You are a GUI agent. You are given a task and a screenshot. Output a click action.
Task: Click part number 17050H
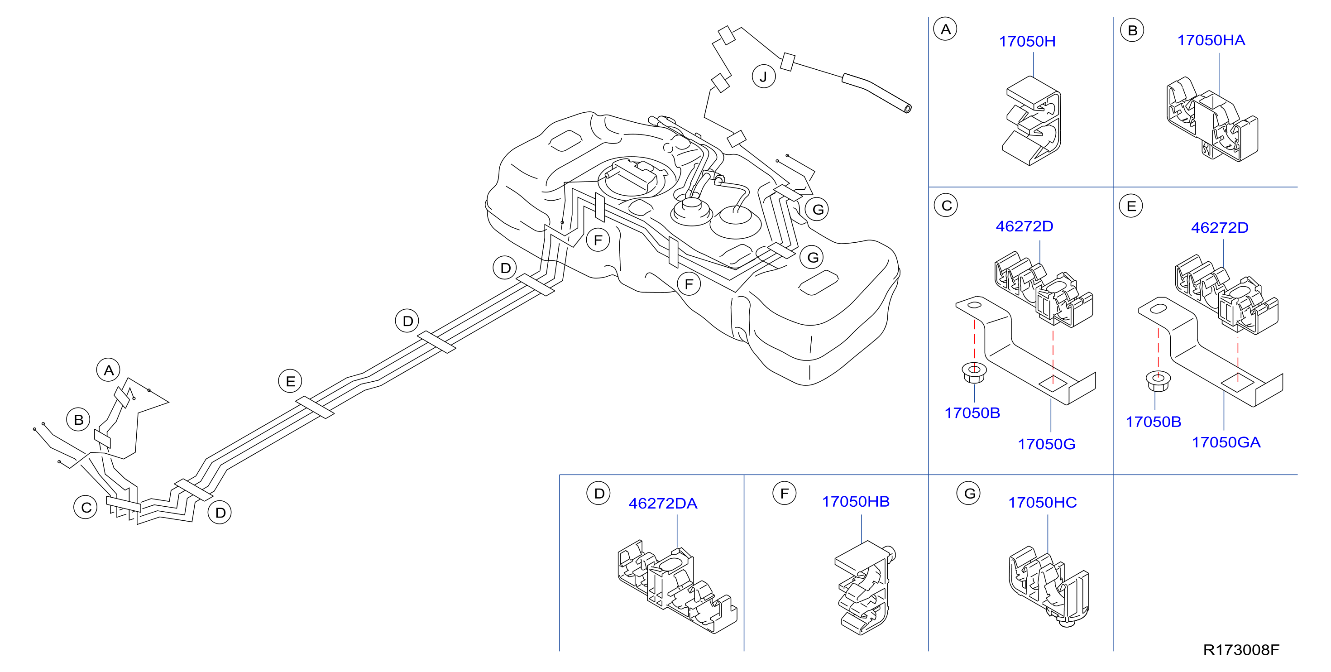tap(1027, 41)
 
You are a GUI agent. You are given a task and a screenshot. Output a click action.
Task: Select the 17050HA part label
tap(1211, 40)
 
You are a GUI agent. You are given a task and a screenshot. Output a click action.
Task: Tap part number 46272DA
tap(662, 504)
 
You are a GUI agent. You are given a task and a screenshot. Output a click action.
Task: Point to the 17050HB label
tap(856, 501)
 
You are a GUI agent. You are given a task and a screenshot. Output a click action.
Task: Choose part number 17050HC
tap(1042, 503)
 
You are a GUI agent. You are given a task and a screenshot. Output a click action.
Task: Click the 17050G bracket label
tap(1046, 444)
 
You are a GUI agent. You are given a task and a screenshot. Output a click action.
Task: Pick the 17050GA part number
tap(1226, 442)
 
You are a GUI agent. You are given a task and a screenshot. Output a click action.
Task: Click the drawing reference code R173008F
tap(1241, 650)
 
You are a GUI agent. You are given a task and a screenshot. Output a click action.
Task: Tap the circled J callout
tap(763, 77)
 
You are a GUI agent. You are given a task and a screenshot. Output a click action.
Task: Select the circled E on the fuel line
tap(290, 381)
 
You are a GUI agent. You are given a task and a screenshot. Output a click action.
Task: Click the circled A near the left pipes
tap(109, 370)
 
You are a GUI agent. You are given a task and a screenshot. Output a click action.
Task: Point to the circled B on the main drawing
tap(78, 420)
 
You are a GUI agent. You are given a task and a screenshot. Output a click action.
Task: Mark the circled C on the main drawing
tap(86, 508)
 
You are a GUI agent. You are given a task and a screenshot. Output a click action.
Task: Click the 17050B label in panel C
tap(972, 413)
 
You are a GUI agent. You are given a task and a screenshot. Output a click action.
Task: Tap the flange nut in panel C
tap(974, 373)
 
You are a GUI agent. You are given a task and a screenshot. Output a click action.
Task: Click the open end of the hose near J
tap(907, 108)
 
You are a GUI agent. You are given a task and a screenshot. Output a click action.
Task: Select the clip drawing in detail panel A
tap(1032, 121)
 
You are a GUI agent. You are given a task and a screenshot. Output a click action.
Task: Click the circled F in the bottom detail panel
tap(784, 494)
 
